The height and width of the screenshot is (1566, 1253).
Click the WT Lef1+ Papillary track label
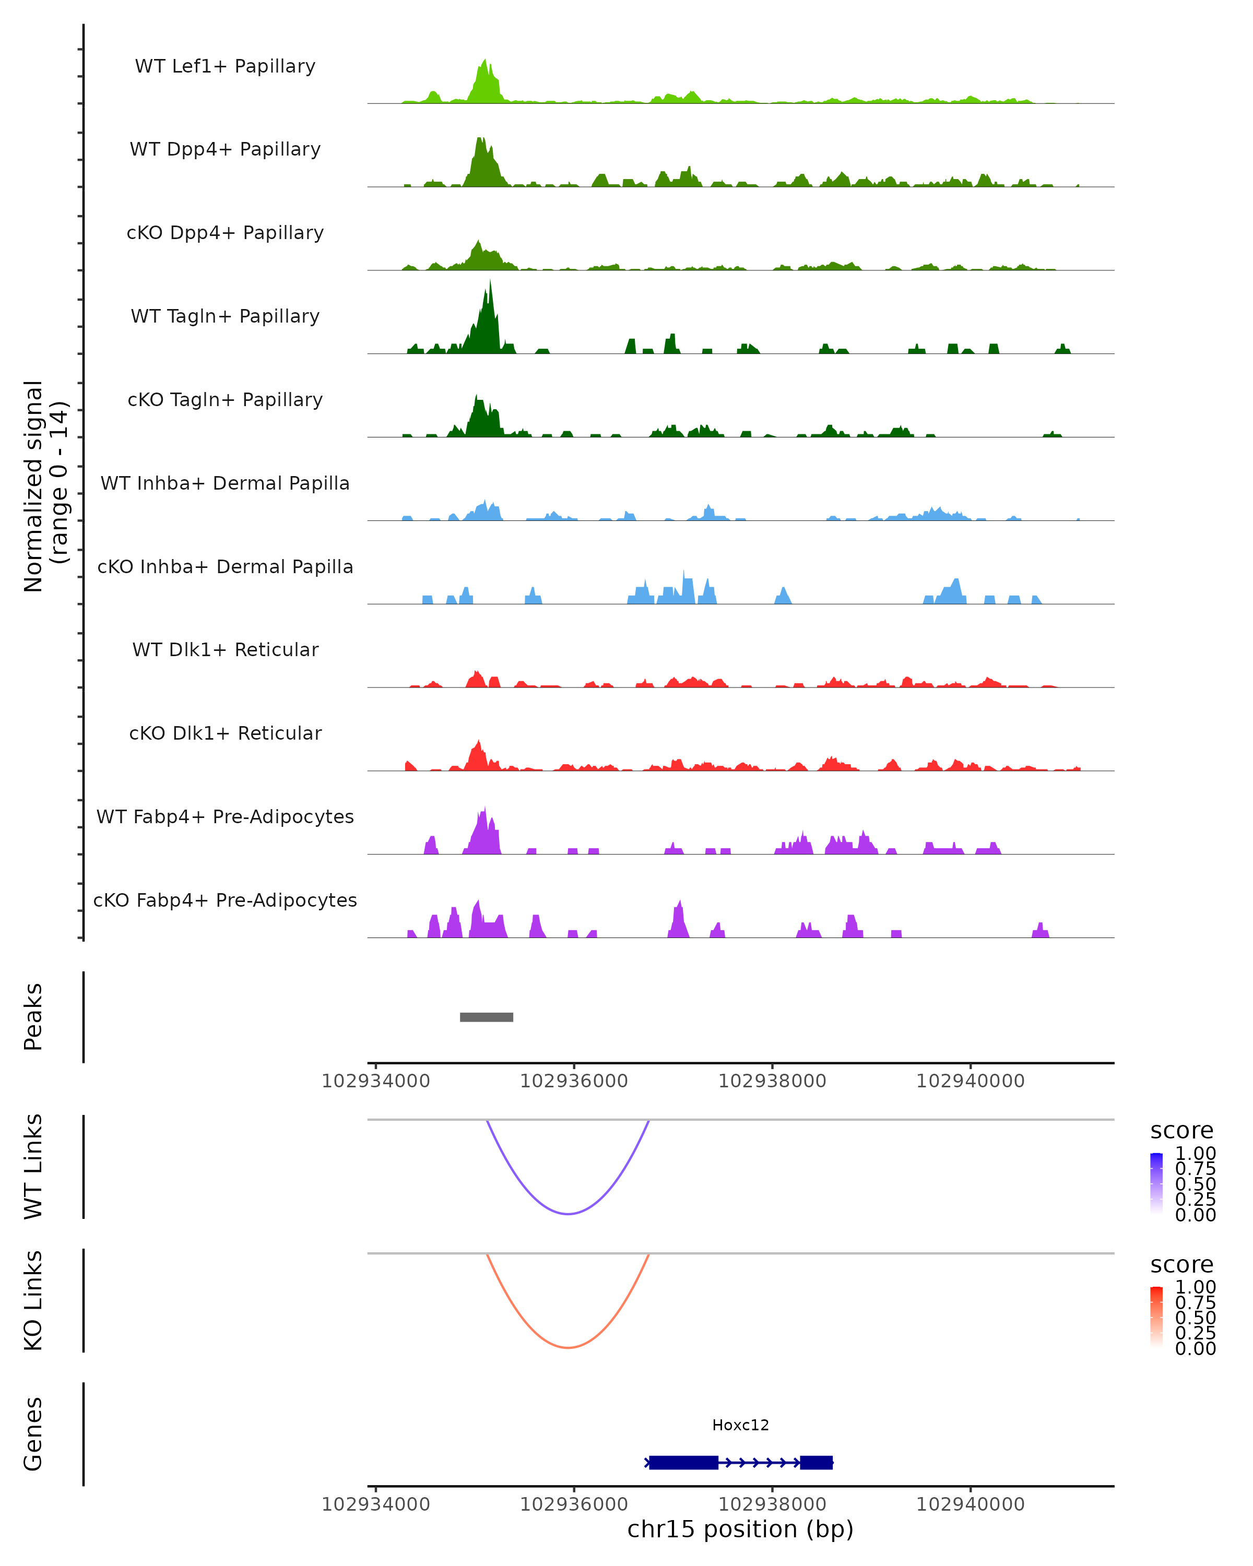click(x=225, y=66)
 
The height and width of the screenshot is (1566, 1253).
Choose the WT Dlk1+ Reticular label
click(x=225, y=649)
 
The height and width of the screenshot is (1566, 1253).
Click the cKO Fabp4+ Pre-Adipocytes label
click(x=225, y=900)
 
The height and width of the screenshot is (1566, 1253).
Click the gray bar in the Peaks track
click(x=486, y=1017)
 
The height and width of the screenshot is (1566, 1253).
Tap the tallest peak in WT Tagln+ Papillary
click(x=490, y=283)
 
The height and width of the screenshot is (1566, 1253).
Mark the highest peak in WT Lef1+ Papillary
click(x=484, y=61)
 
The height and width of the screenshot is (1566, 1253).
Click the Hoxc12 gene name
click(x=740, y=1425)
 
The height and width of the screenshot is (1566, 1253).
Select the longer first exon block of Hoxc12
click(x=683, y=1463)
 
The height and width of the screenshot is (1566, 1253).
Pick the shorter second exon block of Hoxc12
click(x=815, y=1463)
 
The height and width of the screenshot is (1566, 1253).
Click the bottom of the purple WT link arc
click(x=568, y=1213)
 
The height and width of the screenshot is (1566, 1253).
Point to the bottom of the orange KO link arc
click(x=568, y=1347)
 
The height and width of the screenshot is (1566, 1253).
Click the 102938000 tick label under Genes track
click(x=772, y=1504)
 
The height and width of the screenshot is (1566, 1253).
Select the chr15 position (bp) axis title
click(x=740, y=1529)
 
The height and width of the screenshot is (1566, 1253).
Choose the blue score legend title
click(x=1181, y=1131)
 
